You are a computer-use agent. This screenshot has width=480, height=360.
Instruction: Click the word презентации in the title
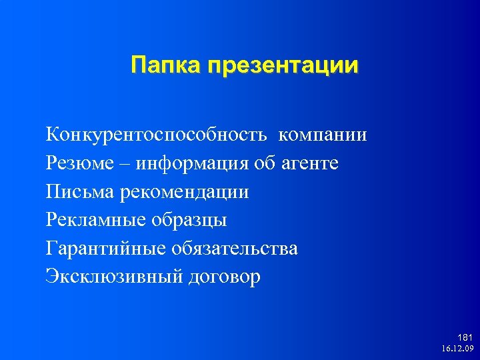283,65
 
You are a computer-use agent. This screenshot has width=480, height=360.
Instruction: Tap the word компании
323,135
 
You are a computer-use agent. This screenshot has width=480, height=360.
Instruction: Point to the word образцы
190,221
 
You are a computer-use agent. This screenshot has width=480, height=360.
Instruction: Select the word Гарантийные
105,249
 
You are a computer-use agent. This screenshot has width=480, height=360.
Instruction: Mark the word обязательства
235,249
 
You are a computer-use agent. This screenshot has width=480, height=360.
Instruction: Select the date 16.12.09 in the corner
457,348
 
